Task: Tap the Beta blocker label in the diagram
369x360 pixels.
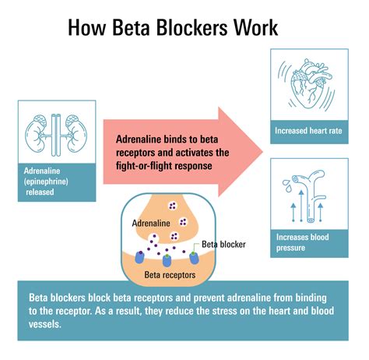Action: click(x=223, y=244)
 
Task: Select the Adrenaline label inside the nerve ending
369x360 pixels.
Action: click(x=152, y=223)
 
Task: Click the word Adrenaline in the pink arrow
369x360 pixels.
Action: click(x=142, y=139)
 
